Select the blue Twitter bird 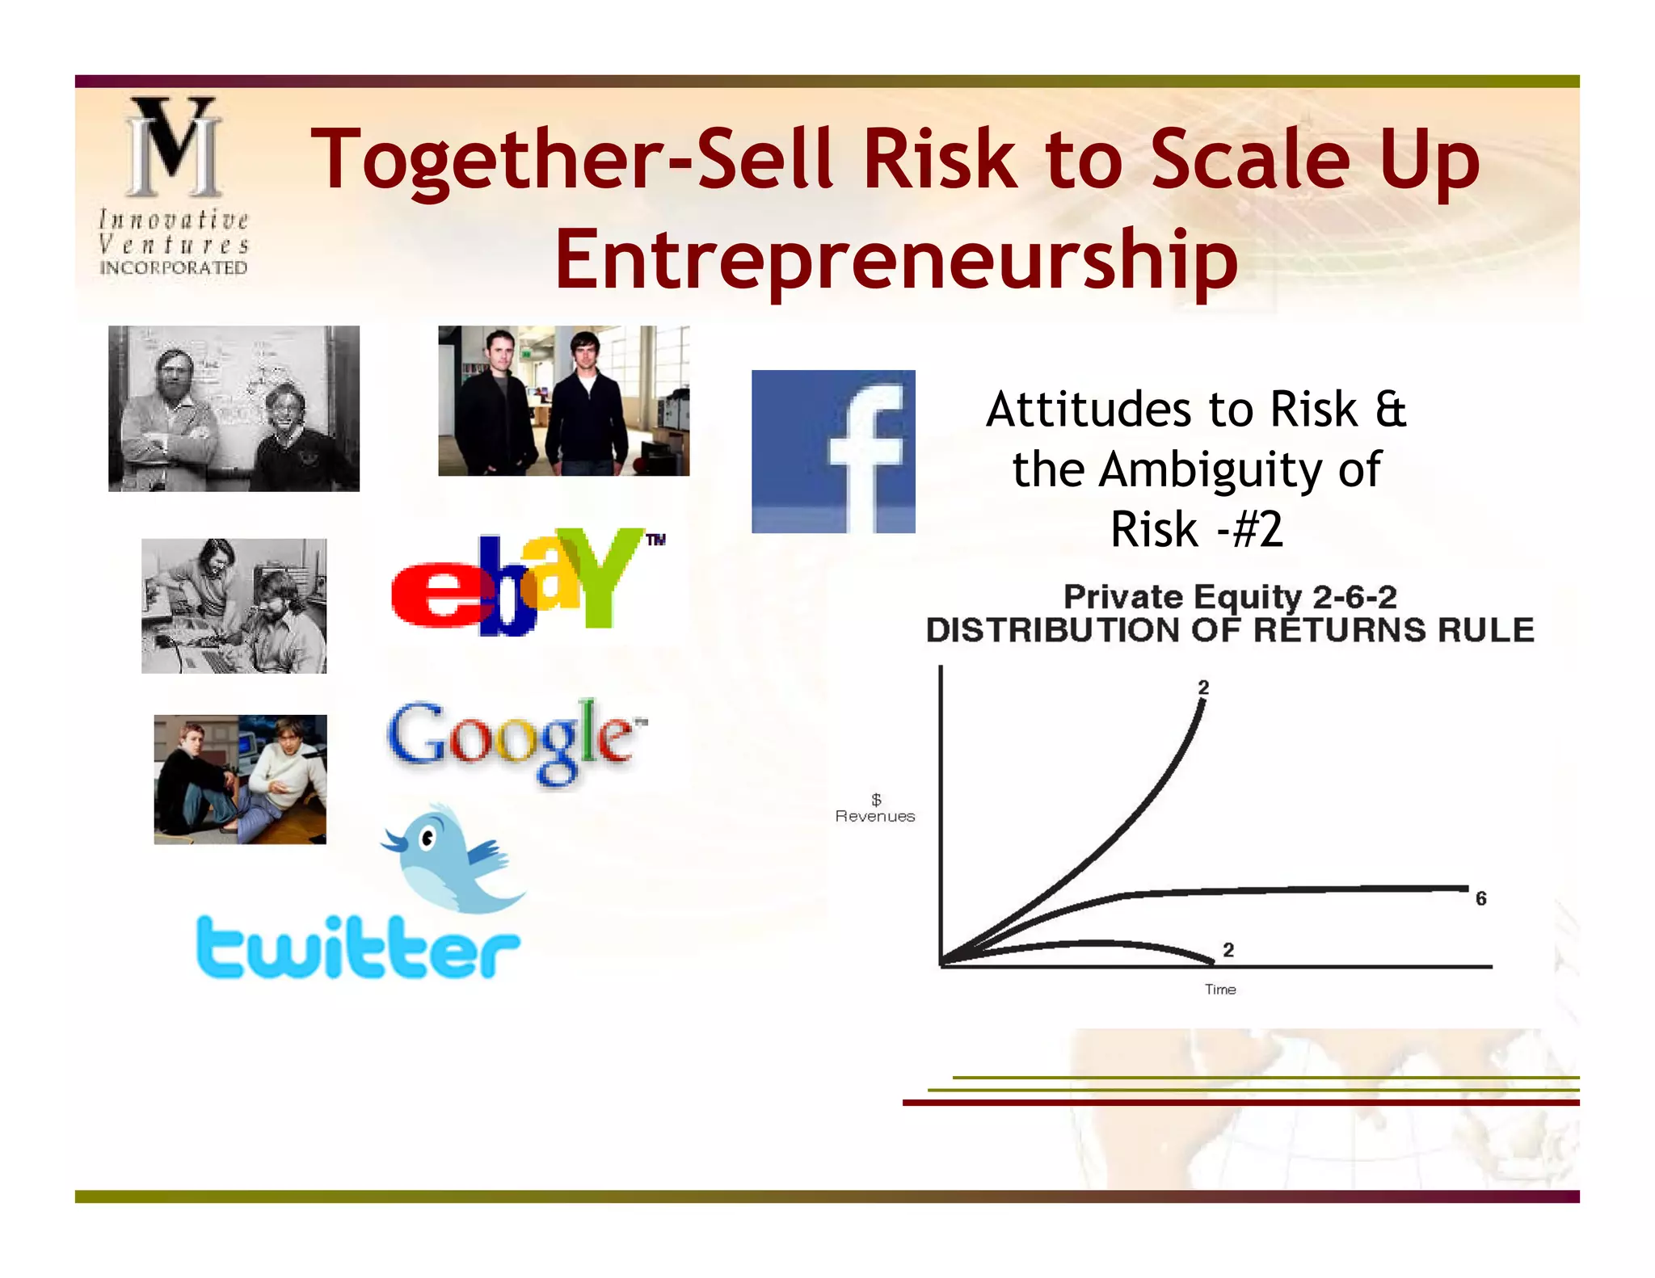tap(453, 858)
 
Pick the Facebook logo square tap(833, 452)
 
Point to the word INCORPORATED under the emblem tap(174, 268)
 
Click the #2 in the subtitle tap(1257, 530)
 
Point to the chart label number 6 tap(1480, 898)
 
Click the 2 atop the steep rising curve tap(1203, 687)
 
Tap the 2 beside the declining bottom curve tap(1228, 950)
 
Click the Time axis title tap(1220, 990)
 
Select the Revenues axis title tap(875, 816)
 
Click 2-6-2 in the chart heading tap(1354, 597)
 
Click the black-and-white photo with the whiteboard tap(234, 409)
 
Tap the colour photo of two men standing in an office tap(563, 401)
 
